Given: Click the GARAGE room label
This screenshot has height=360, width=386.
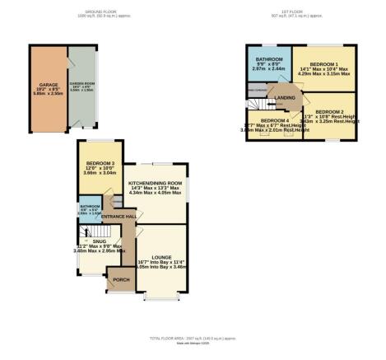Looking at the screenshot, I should [x=46, y=84].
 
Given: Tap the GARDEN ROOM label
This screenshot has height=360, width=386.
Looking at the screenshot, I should [x=79, y=84].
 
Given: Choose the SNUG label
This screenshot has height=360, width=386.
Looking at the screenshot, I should [x=100, y=241].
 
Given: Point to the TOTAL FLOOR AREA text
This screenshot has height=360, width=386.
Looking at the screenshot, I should [x=193, y=339].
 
